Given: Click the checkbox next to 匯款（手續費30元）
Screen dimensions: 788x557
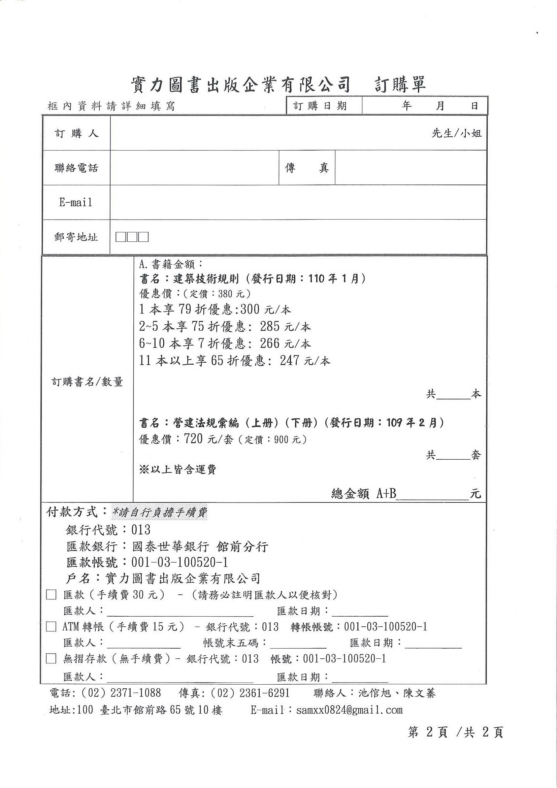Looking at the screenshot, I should pos(51,595).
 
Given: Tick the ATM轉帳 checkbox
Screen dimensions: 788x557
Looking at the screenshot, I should pos(51,627).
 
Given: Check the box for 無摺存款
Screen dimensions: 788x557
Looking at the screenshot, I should pos(51,658).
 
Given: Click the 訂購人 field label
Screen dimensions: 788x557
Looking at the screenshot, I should pos(76,133).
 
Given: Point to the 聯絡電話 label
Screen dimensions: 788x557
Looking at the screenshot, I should pos(76,168).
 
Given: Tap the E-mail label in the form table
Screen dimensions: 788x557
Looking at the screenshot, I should pos(76,202).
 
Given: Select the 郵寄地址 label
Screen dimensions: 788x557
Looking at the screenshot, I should pos(76,237).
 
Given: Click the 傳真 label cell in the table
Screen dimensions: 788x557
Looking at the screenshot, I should pos(306,168).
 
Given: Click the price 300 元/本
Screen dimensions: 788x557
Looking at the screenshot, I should pos(265,309).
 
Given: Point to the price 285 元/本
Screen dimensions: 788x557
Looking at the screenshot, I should pos(285,326).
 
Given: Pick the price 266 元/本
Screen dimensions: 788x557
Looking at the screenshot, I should pos(285,343).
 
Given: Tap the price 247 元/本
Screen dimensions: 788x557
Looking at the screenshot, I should pos(305,360).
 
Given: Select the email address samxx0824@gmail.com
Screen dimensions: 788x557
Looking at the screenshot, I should pos(349,710).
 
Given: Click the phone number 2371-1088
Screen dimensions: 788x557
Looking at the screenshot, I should pos(136,693).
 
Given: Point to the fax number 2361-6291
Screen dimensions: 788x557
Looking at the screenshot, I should pos(264,693).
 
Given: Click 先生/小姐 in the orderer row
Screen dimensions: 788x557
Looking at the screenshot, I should pos(456,133).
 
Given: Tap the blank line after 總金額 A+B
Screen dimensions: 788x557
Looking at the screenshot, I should pos(432,494).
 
